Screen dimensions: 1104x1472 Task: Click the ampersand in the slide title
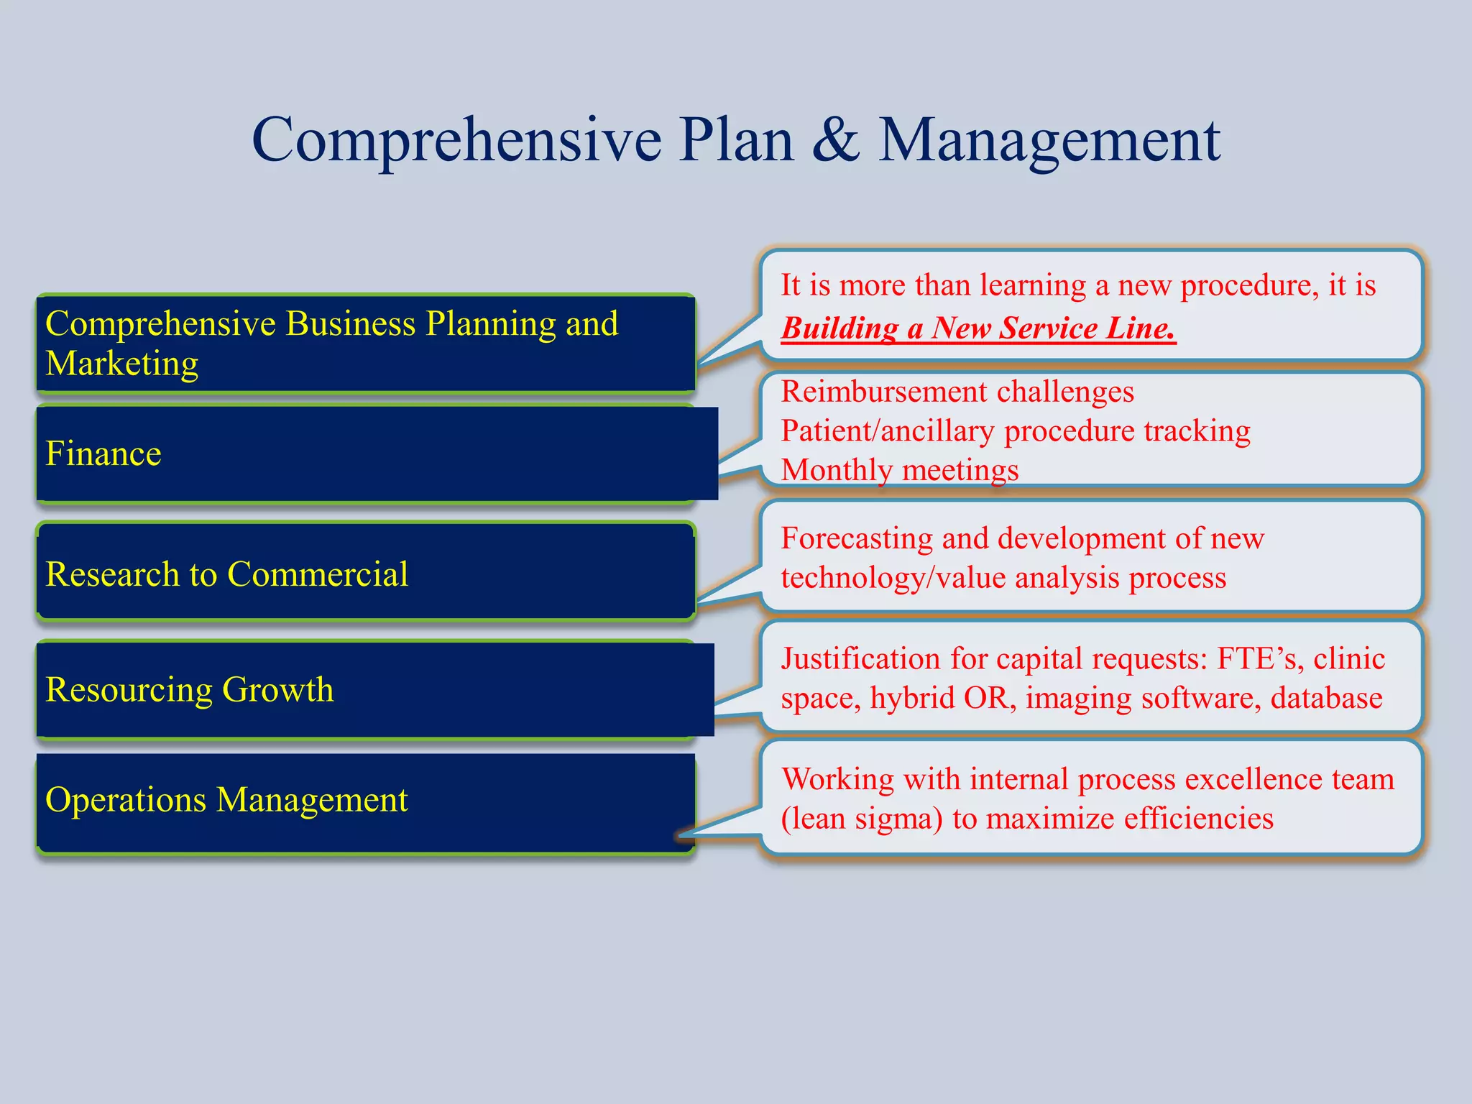click(x=836, y=140)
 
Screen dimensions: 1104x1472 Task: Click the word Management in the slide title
click(x=1049, y=140)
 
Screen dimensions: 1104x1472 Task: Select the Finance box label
click(x=103, y=454)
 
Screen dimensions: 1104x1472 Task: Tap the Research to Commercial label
click(x=226, y=574)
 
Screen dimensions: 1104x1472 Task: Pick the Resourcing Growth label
click(x=189, y=689)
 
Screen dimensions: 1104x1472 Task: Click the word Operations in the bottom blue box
click(x=125, y=800)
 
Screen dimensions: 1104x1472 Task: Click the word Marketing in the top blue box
click(x=121, y=364)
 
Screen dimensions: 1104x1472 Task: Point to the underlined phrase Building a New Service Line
click(x=977, y=328)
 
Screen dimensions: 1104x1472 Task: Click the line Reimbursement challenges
click(x=957, y=392)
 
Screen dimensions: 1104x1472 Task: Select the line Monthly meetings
click(x=899, y=470)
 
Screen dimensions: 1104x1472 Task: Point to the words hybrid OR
click(x=942, y=698)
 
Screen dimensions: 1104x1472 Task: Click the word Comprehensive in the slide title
click(x=456, y=140)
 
